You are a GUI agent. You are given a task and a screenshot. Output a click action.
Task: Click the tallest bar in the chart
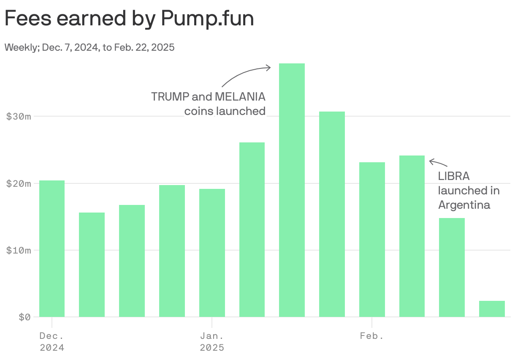292,190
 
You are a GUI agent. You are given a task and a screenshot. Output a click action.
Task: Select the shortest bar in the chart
492,309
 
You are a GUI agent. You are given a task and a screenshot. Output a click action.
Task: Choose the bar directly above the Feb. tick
372,239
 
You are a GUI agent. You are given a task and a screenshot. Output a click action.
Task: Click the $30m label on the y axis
19,116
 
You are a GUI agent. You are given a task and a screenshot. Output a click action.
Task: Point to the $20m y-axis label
19,183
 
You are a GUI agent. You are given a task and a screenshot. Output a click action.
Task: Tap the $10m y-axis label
19,250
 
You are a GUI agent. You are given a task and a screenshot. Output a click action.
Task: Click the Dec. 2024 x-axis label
52,342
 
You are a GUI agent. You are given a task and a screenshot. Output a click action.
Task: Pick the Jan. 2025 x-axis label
212,342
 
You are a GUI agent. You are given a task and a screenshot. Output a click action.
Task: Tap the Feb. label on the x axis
372,336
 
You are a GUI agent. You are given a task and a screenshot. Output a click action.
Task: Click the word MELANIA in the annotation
240,97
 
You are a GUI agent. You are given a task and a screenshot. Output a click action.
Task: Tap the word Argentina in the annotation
464,205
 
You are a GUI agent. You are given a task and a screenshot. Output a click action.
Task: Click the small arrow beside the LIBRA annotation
438,162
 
